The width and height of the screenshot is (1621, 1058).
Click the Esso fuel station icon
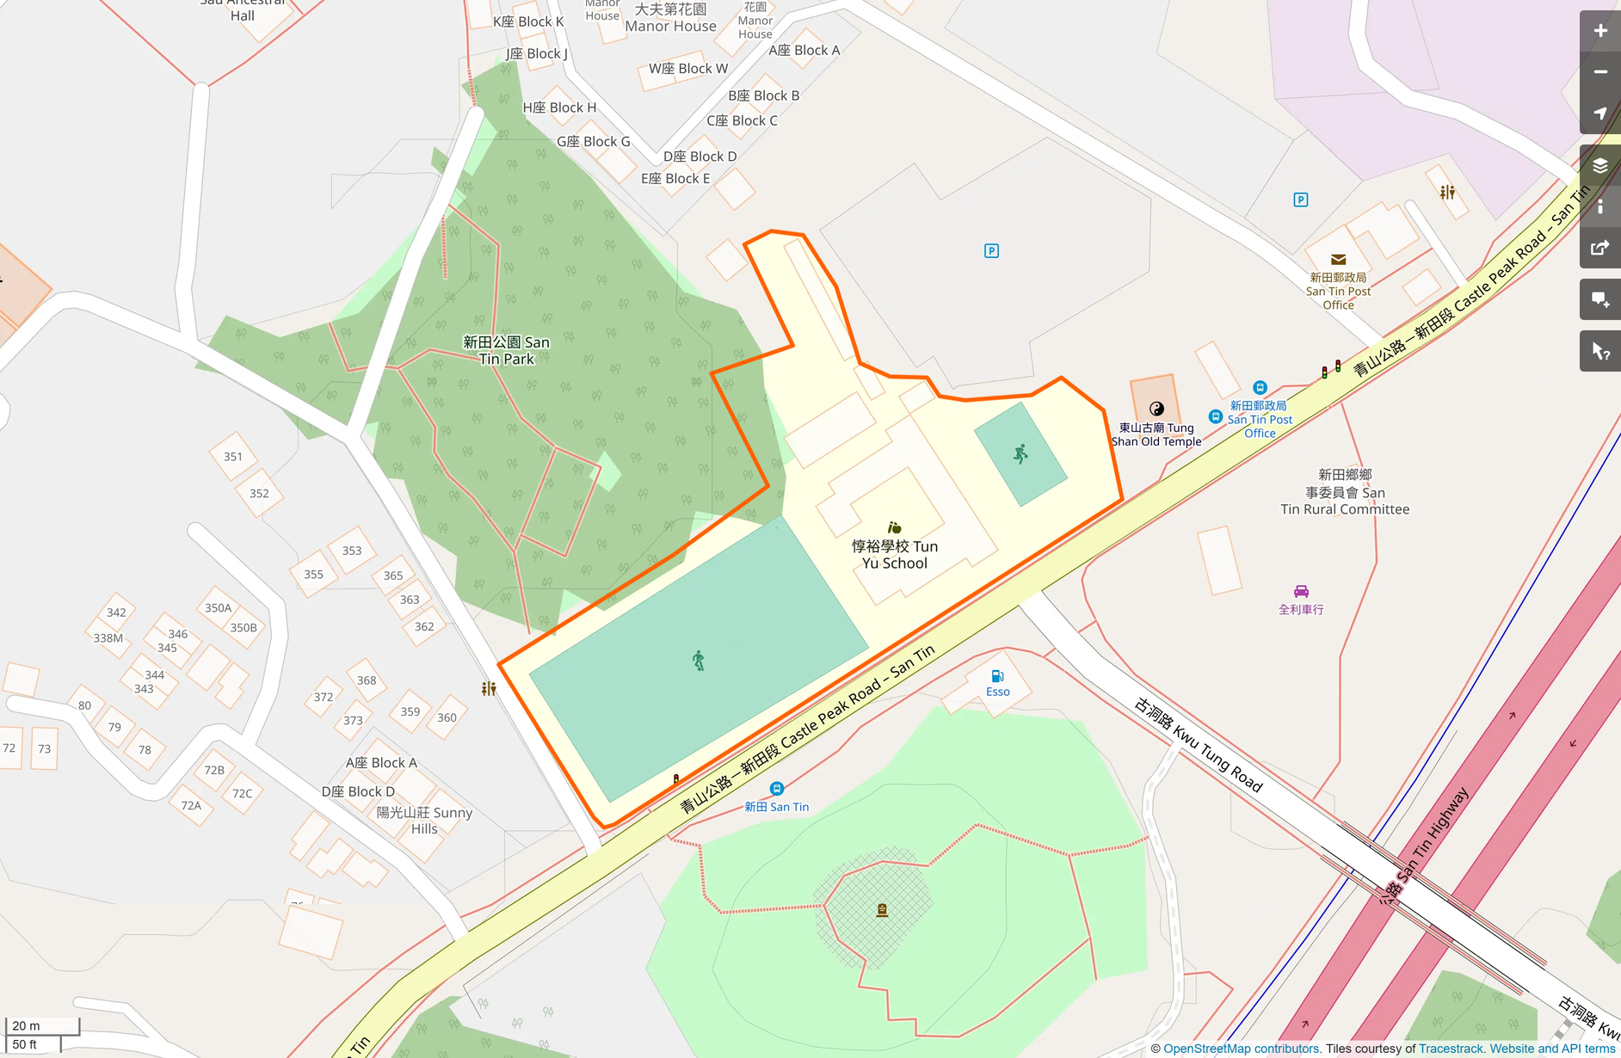[x=997, y=676]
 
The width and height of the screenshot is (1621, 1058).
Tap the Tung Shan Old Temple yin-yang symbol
[x=1156, y=409]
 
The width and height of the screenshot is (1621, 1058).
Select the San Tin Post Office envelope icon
[x=1338, y=260]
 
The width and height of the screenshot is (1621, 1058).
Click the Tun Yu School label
[x=895, y=555]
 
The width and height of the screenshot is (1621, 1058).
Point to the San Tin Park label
[x=506, y=350]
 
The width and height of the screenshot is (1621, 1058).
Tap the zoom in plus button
[x=1599, y=31]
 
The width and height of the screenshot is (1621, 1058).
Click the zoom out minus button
[x=1599, y=72]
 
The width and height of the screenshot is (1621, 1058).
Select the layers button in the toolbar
[x=1599, y=165]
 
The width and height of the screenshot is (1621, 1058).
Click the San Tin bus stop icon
[x=776, y=789]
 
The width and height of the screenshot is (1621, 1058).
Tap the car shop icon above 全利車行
[x=1301, y=591]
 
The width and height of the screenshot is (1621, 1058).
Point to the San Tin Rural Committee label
[x=1345, y=492]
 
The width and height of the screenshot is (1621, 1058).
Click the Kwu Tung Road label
[x=1199, y=745]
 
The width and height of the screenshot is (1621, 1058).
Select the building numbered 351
[x=233, y=457]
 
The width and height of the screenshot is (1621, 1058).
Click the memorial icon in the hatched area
[x=882, y=910]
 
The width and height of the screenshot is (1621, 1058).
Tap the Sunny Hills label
[x=425, y=821]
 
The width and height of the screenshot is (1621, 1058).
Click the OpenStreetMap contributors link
[x=1242, y=1049]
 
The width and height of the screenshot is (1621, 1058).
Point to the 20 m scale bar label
[x=27, y=1025]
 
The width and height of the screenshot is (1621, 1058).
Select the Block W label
[x=687, y=69]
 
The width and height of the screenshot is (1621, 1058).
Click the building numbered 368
[x=367, y=680]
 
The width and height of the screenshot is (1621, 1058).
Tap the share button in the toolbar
[x=1599, y=248]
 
